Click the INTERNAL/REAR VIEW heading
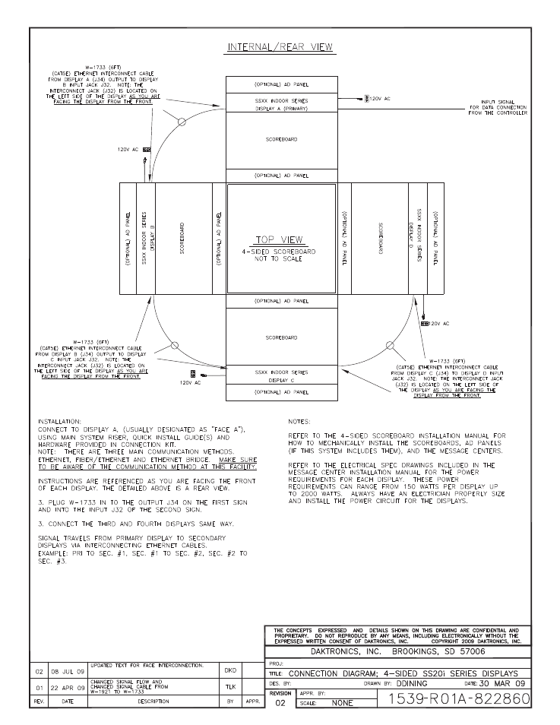pos(281,48)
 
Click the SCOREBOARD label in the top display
pos(281,140)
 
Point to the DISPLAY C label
pos(281,380)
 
